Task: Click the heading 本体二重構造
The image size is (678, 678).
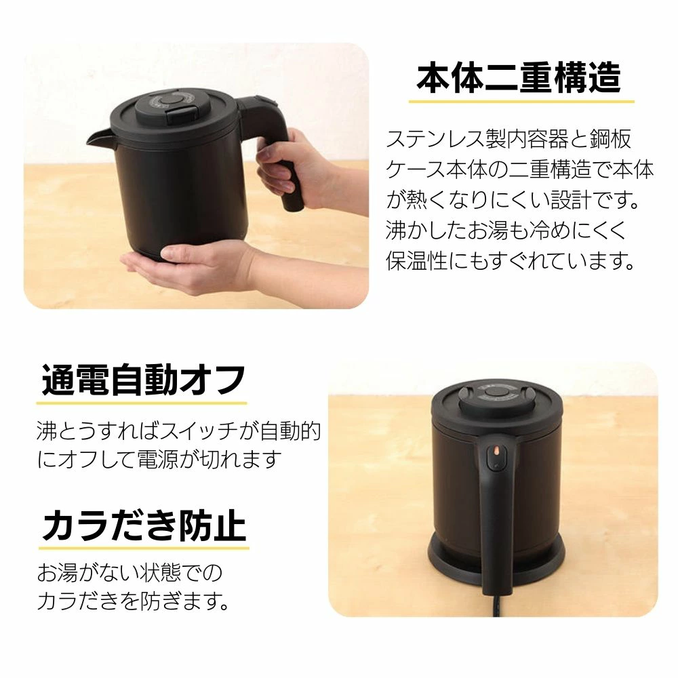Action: [519, 78]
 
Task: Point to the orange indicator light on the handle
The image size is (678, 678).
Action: [496, 452]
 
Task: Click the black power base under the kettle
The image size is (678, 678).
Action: [496, 558]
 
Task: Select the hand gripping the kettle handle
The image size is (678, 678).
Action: [302, 169]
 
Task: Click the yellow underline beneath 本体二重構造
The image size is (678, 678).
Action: [521, 102]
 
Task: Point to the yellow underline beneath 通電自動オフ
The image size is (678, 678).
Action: [142, 403]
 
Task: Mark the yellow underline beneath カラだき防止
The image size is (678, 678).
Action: [144, 549]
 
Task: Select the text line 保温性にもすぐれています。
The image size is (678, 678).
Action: [511, 260]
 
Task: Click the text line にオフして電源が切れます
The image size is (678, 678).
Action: [159, 459]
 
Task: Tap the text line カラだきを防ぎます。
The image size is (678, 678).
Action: [133, 601]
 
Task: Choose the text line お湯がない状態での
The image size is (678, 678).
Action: [129, 573]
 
